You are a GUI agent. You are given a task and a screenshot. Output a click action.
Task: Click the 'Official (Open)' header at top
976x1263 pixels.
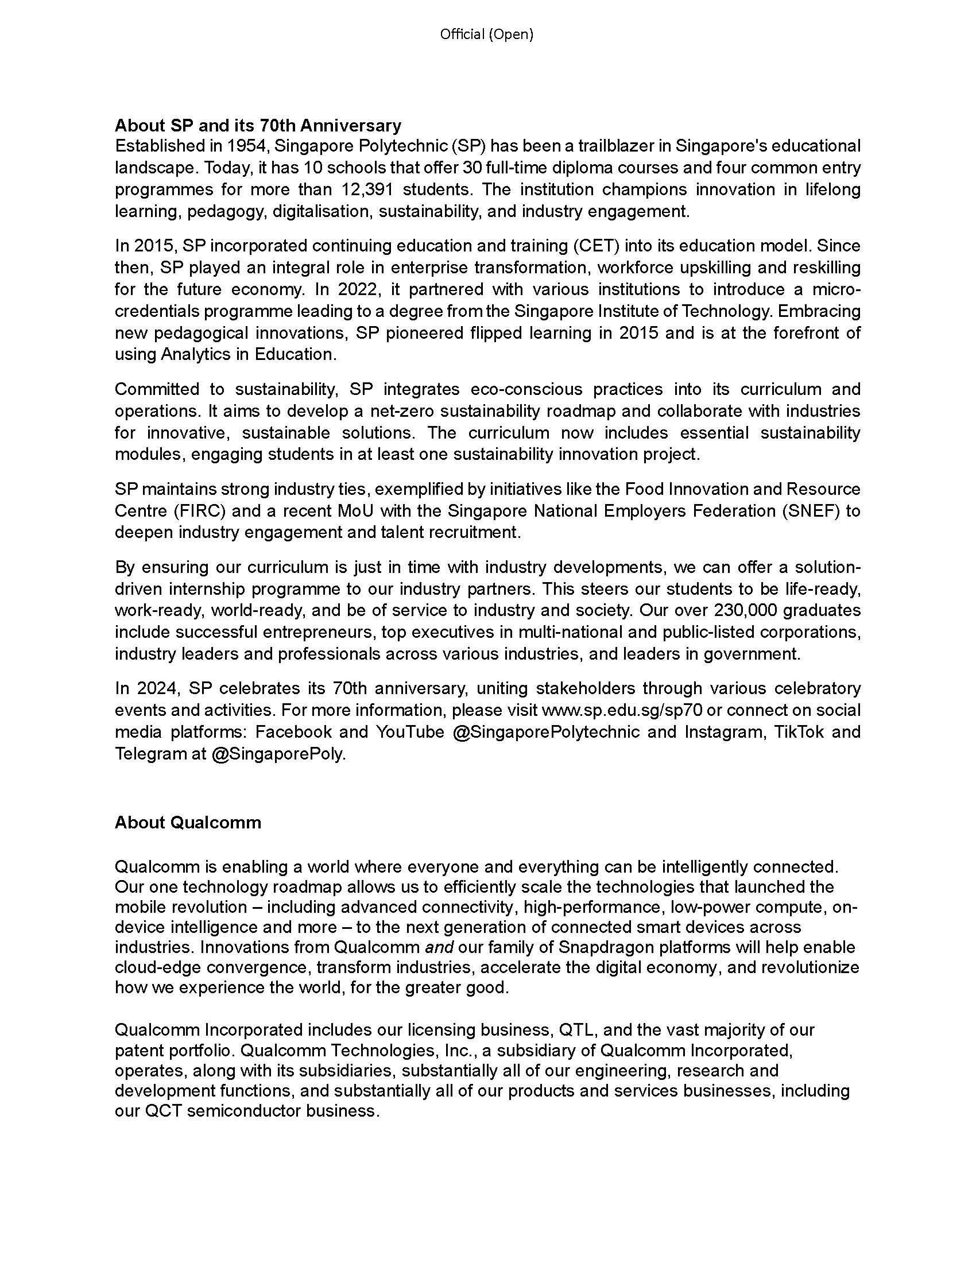tap(486, 34)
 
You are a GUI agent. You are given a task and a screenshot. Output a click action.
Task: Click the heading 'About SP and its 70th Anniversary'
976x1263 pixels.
tap(258, 125)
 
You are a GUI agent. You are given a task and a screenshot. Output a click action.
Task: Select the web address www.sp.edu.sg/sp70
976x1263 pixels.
tap(620, 710)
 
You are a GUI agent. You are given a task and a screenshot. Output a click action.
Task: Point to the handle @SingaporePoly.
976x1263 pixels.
tap(278, 754)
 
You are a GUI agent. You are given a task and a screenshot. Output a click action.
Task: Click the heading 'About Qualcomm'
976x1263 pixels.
tap(188, 822)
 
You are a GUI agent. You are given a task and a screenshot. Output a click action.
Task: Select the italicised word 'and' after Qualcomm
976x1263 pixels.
tap(439, 947)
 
